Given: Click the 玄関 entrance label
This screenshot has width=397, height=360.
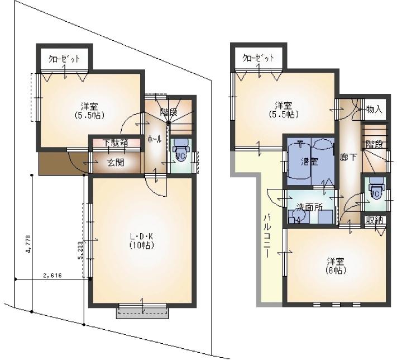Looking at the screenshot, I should click(116, 163).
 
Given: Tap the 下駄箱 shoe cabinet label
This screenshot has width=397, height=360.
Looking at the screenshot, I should click(116, 143).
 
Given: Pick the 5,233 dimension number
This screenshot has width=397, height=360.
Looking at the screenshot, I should click(81, 250).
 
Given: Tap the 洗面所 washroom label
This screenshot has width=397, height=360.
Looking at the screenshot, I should click(310, 206).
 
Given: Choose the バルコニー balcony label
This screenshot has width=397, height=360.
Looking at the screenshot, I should click(267, 235).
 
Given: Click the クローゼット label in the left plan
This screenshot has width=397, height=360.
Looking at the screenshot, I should click(64, 58).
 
